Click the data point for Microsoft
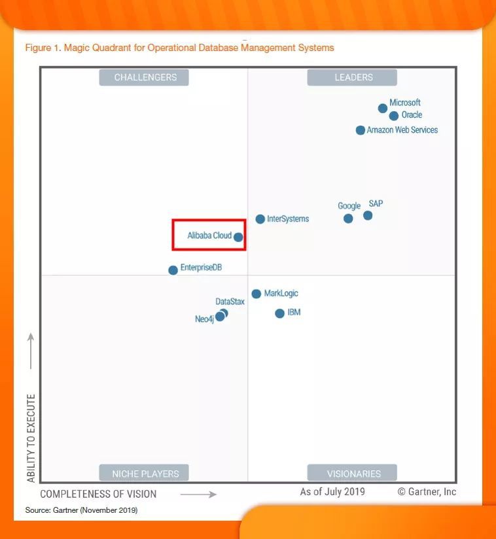(383, 109)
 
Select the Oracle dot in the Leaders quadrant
(394, 116)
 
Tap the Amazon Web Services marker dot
(361, 130)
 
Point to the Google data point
(348, 218)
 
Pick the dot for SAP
(368, 215)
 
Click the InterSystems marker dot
(260, 219)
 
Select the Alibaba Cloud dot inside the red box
(238, 237)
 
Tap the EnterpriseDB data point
(173, 270)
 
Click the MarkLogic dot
(257, 294)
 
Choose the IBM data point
(280, 313)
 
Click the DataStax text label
(230, 302)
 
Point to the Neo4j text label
(204, 319)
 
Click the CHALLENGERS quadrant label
(145, 77)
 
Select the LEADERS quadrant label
(353, 77)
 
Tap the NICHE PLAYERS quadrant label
(145, 474)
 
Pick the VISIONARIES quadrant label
(353, 474)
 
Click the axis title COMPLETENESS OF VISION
(98, 494)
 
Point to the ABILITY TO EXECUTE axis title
(31, 438)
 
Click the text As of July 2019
(332, 492)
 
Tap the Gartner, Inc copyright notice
(427, 492)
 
